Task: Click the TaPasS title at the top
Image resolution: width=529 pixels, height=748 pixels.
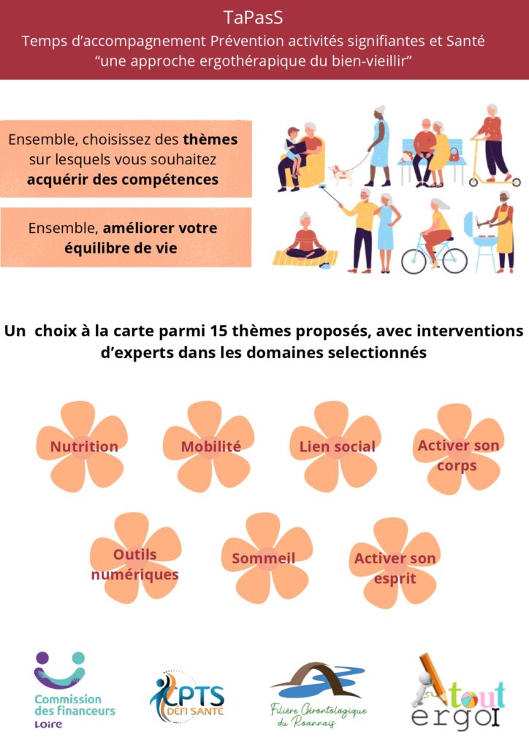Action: [x=254, y=18]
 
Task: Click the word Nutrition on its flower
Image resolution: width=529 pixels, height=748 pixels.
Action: [x=84, y=446]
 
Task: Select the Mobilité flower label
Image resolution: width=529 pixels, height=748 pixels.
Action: [x=211, y=446]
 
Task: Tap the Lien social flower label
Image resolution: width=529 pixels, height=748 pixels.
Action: [x=338, y=446]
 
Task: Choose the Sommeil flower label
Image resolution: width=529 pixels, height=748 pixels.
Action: [x=263, y=558]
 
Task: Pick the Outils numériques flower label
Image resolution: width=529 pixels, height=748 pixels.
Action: [x=135, y=565]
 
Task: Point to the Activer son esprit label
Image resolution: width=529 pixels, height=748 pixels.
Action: [x=395, y=568]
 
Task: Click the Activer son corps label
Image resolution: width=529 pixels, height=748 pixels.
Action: [x=458, y=455]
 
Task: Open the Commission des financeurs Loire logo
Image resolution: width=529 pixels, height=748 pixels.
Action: [x=74, y=690]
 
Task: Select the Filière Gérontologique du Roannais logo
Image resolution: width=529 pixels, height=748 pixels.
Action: [x=318, y=694]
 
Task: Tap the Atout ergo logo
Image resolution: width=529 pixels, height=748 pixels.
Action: [x=457, y=692]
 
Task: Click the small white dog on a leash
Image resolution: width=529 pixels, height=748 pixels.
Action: [x=341, y=174]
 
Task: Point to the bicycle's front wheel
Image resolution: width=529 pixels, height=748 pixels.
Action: [x=414, y=261]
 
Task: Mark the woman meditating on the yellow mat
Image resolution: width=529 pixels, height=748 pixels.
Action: [x=305, y=240]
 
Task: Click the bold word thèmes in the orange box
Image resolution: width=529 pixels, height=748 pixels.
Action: [x=210, y=140]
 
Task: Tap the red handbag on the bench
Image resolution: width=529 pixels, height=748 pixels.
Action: [x=455, y=155]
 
